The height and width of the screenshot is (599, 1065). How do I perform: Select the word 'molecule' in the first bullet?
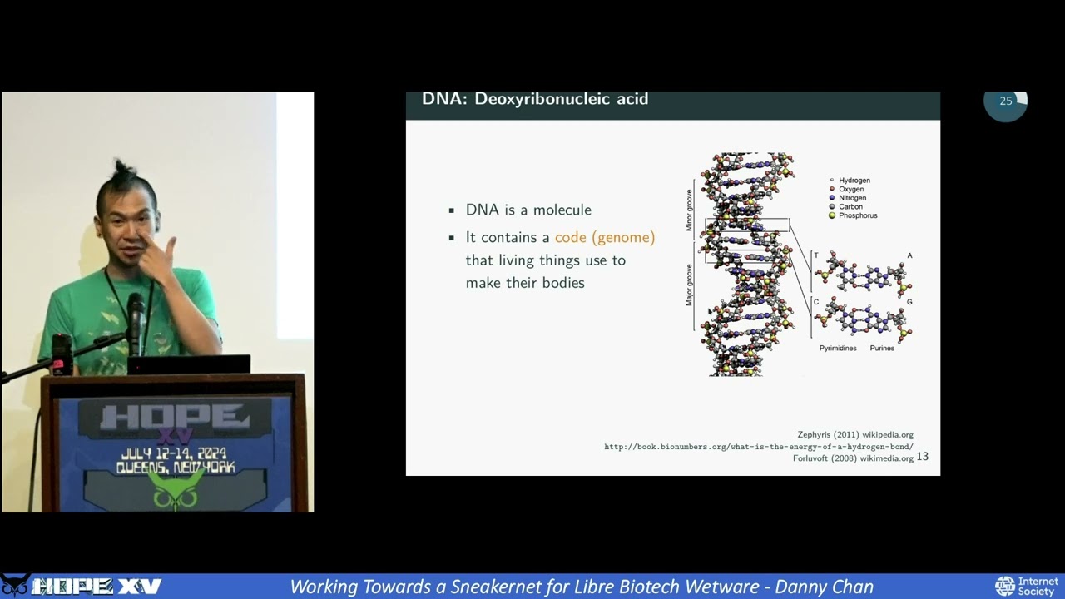click(x=562, y=210)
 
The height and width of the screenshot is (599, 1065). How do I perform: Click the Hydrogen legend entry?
click(x=854, y=181)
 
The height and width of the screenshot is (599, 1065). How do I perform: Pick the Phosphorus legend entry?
click(x=857, y=215)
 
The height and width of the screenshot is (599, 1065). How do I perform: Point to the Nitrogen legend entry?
click(x=852, y=198)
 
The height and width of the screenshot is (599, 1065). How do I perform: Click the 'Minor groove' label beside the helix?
click(x=689, y=210)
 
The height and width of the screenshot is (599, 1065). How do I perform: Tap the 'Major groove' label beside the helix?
click(x=689, y=285)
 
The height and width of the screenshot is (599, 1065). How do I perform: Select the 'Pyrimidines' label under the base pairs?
click(x=838, y=348)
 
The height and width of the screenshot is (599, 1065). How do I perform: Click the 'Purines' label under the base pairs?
click(x=882, y=348)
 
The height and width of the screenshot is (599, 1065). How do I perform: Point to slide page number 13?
click(x=922, y=457)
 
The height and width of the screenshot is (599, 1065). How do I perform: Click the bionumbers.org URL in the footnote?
click(x=758, y=447)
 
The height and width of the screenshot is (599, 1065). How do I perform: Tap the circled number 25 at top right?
click(x=1006, y=101)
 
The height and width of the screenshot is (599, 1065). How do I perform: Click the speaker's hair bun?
click(x=122, y=170)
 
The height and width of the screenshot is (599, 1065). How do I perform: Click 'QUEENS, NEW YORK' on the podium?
click(x=176, y=468)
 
